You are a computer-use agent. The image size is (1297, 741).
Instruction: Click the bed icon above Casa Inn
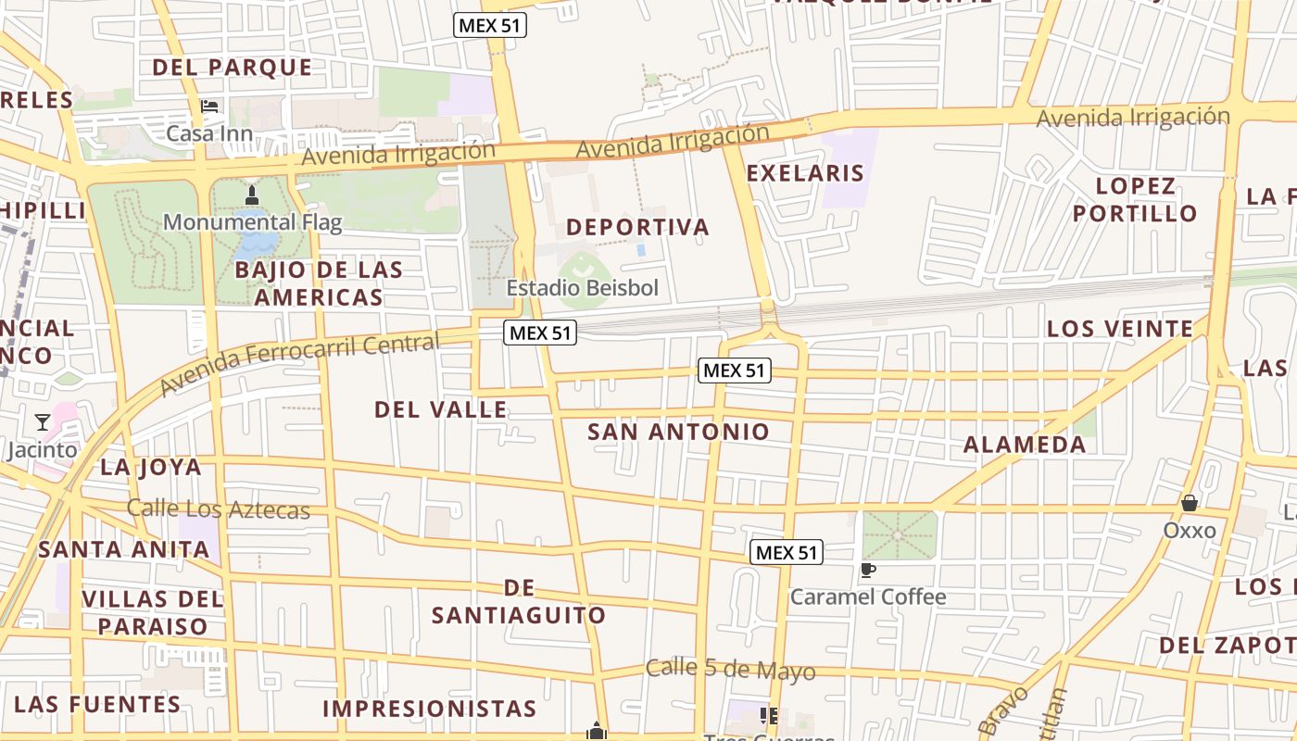[210, 107]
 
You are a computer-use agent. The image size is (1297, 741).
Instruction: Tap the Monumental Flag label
[252, 222]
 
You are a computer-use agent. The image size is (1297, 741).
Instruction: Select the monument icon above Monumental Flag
[252, 195]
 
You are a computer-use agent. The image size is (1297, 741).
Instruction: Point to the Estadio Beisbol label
[583, 288]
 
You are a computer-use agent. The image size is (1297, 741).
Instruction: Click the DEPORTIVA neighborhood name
[637, 227]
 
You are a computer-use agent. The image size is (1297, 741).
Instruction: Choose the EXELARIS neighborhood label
[804, 173]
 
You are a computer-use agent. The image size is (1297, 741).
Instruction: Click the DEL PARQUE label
[232, 68]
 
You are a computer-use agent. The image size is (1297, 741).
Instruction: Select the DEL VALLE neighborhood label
[440, 409]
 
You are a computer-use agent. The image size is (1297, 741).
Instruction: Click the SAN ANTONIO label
[678, 432]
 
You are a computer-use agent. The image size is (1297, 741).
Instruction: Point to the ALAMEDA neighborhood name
[1025, 445]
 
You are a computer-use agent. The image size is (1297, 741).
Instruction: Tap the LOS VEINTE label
[1119, 329]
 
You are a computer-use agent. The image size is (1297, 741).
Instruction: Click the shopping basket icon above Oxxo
[1190, 503]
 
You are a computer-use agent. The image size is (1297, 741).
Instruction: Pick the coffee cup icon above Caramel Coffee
[867, 570]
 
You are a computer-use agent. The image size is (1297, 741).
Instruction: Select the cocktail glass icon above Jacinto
[43, 422]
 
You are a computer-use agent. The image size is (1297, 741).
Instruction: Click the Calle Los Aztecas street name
[218, 509]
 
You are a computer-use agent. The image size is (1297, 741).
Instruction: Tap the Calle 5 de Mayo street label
[730, 670]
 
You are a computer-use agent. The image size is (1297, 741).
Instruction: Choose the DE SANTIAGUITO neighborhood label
[519, 601]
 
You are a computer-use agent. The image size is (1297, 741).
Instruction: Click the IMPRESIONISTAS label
[429, 709]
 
